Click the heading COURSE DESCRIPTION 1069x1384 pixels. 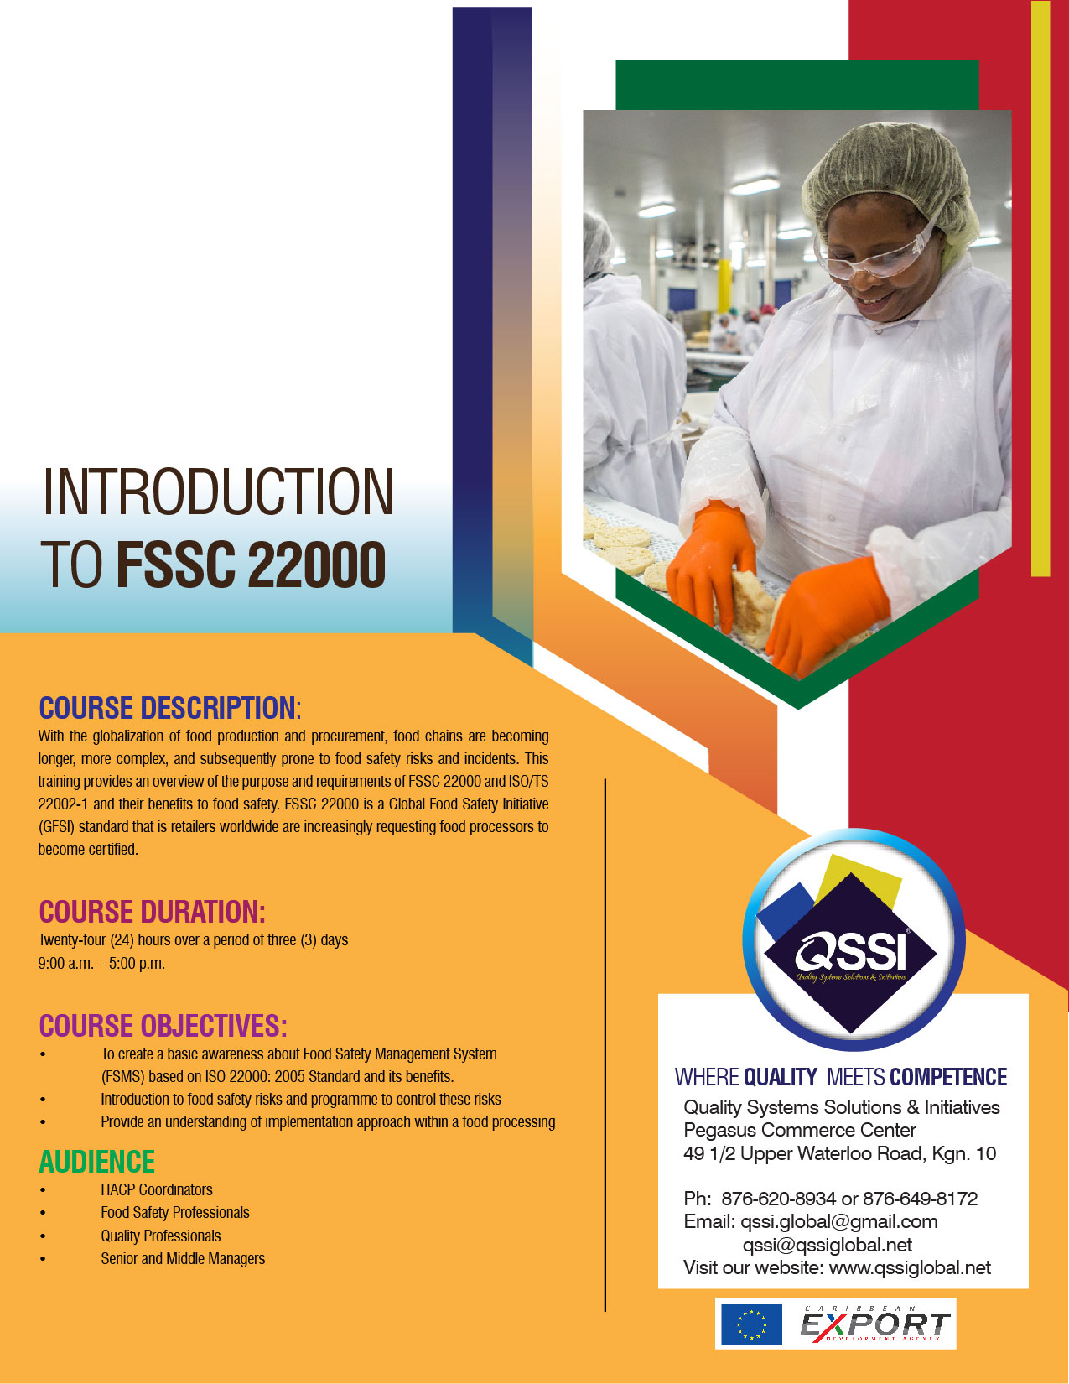click(x=170, y=708)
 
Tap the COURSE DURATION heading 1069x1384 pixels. click(x=152, y=912)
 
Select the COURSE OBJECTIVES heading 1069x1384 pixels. click(x=163, y=1026)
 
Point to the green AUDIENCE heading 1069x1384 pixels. click(x=96, y=1162)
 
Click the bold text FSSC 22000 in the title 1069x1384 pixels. click(x=251, y=565)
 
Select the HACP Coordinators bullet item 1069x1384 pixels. click(x=157, y=1189)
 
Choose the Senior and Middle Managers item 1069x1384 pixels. click(x=183, y=1258)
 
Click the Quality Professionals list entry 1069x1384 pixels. click(x=160, y=1236)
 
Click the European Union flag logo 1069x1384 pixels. click(x=751, y=1324)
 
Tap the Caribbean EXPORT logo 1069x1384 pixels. click(x=874, y=1324)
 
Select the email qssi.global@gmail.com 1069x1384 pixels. click(x=839, y=1221)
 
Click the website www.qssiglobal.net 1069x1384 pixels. click(x=910, y=1267)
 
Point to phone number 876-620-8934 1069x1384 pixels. click(x=778, y=1199)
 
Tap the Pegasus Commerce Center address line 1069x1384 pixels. click(x=800, y=1130)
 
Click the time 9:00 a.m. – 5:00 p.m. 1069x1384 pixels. click(x=101, y=963)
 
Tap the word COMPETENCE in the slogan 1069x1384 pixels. click(x=948, y=1077)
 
